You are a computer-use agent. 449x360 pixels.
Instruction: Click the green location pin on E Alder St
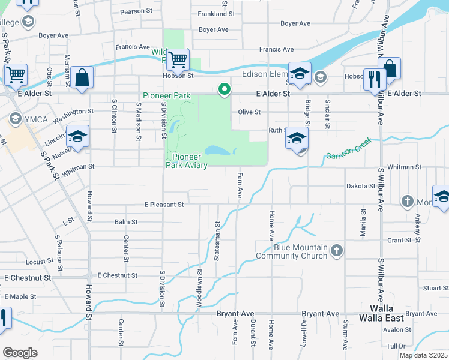click(x=224, y=89)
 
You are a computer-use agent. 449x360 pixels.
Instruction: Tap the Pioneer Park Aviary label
click(x=186, y=161)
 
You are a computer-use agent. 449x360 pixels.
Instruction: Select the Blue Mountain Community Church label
click(x=292, y=251)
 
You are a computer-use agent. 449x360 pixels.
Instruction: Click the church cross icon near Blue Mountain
click(x=337, y=250)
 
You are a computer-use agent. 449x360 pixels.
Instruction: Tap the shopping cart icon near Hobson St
click(x=178, y=60)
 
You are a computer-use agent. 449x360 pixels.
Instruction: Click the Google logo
click(x=20, y=352)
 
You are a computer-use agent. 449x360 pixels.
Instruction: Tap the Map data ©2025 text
click(x=423, y=355)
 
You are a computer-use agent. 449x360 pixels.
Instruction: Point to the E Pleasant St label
click(x=164, y=205)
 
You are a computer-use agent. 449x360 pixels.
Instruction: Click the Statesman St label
click(x=217, y=241)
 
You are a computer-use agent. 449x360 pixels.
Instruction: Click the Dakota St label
click(x=361, y=187)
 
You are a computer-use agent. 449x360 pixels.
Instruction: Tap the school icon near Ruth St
click(x=297, y=138)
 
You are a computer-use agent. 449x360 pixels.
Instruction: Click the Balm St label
click(x=126, y=222)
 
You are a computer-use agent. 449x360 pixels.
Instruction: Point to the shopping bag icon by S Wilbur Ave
click(x=390, y=68)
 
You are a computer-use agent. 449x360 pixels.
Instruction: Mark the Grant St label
click(x=399, y=240)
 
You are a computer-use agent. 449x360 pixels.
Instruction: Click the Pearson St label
click(x=136, y=11)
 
